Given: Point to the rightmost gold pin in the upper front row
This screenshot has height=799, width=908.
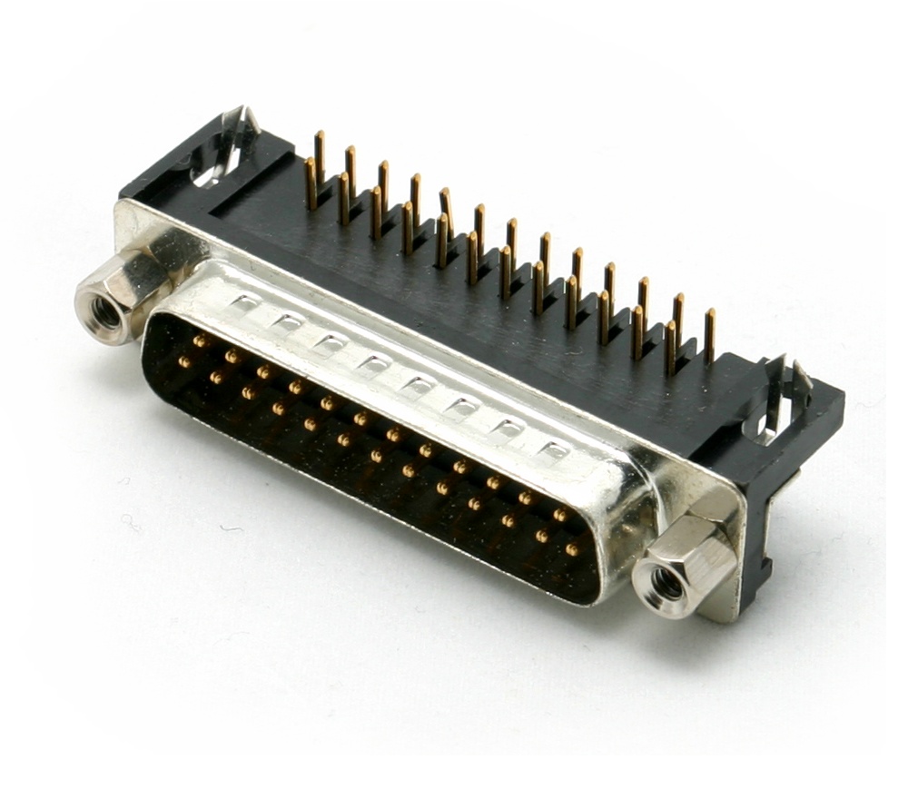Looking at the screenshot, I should click(559, 515).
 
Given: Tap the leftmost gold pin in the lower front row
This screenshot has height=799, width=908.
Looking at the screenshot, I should click(184, 361).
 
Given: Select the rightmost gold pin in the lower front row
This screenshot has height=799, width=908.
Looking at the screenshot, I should click(572, 549).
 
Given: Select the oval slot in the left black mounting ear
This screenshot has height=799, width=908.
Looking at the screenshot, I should click(212, 168).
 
